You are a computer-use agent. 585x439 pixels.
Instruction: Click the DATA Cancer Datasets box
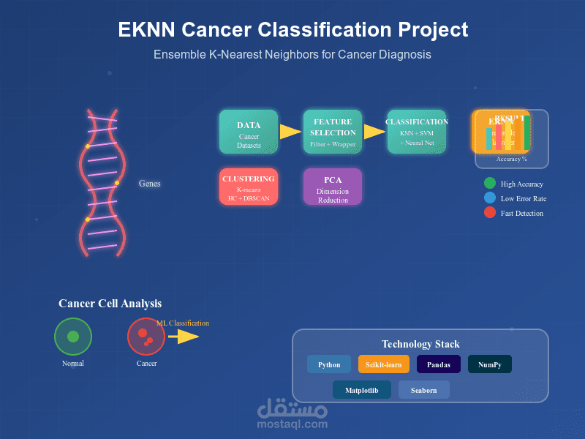(249, 132)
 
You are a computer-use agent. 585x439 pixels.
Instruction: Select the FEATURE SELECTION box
(333, 132)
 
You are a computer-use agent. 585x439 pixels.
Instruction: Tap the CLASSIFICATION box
(417, 132)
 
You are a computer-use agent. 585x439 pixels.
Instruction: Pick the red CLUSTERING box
(249, 187)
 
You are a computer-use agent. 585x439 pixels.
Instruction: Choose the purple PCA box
(333, 187)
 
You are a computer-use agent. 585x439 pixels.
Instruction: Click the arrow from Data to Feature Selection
(290, 132)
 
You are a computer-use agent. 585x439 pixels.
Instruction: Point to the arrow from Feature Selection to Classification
(374, 132)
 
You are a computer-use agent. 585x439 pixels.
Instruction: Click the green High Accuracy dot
(490, 184)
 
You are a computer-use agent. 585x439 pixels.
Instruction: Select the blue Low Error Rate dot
(490, 198)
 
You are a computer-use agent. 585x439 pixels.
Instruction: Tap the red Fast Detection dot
(490, 213)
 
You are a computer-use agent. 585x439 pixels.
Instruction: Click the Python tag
(329, 364)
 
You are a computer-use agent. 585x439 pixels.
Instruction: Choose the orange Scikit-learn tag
(384, 364)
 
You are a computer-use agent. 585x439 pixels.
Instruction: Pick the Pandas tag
(439, 364)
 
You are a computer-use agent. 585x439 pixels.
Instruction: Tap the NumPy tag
(490, 364)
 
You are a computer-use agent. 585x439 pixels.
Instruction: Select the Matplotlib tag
(362, 390)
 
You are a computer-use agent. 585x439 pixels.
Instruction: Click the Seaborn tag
(424, 390)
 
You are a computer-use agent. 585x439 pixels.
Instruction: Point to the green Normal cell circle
(73, 337)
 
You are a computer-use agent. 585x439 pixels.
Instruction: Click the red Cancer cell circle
(146, 337)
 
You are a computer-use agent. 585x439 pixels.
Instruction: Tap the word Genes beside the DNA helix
(150, 184)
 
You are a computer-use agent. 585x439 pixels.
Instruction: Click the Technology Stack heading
(420, 344)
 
